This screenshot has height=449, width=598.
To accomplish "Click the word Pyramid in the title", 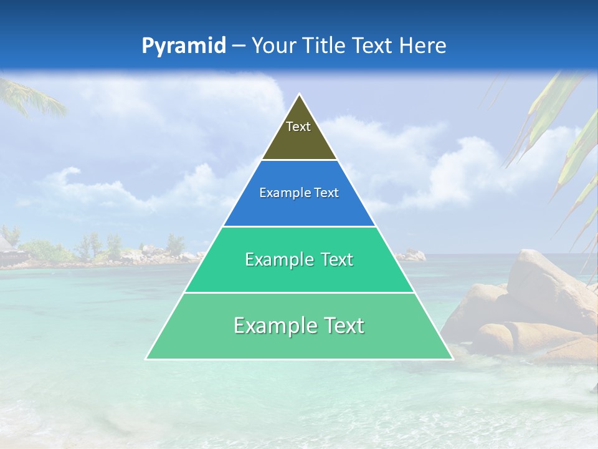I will point(183,46).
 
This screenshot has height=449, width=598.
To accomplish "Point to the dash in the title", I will point(238,46).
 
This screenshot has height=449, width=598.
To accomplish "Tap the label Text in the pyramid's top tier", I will point(298,127).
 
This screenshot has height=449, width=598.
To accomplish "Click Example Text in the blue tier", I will point(299,193).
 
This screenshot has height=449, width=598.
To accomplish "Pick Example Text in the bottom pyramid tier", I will point(299,326).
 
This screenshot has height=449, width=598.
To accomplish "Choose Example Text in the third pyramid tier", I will point(299,259).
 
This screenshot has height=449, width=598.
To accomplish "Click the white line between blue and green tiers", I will point(299,226).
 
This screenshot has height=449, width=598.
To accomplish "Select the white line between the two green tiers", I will point(299,292).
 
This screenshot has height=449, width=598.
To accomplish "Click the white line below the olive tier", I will point(299,160).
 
